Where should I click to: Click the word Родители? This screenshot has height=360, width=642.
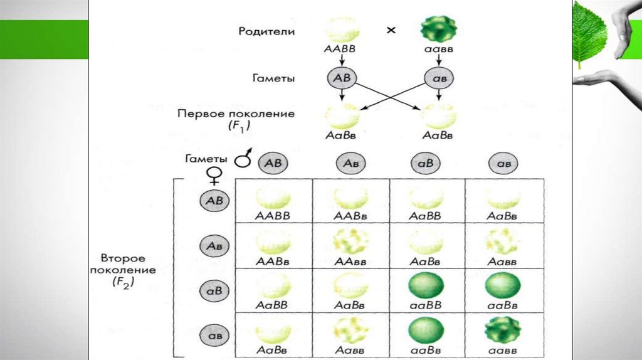click(x=267, y=31)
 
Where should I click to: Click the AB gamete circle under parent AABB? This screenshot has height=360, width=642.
click(x=341, y=78)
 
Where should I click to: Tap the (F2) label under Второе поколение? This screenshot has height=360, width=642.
click(x=123, y=282)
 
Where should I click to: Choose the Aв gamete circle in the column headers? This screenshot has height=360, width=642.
click(x=350, y=162)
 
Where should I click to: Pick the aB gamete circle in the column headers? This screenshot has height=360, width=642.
click(x=427, y=162)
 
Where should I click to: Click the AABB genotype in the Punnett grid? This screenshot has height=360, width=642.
click(x=273, y=215)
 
